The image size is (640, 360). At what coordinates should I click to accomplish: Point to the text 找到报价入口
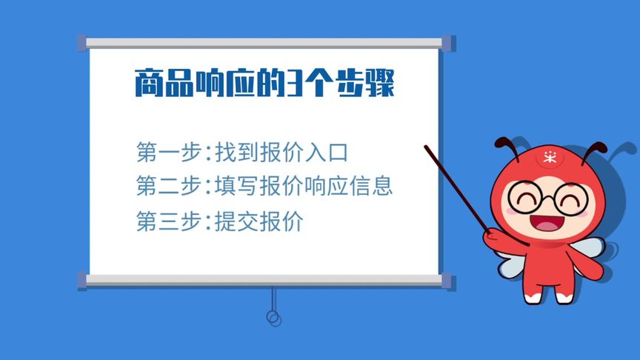[x=281, y=153]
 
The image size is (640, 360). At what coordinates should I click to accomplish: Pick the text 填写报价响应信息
[x=303, y=186]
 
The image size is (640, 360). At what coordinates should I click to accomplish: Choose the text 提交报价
[x=259, y=221]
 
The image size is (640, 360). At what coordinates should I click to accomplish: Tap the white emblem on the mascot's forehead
[x=550, y=156]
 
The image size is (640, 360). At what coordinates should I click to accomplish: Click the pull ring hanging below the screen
[x=273, y=319]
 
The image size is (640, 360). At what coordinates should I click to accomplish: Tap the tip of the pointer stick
[x=427, y=147]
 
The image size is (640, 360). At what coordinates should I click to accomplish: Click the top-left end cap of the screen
[x=81, y=43]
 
